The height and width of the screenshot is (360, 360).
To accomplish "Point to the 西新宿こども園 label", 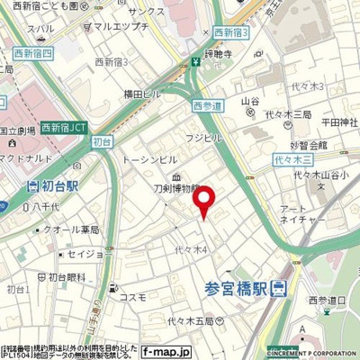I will (51, 5).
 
